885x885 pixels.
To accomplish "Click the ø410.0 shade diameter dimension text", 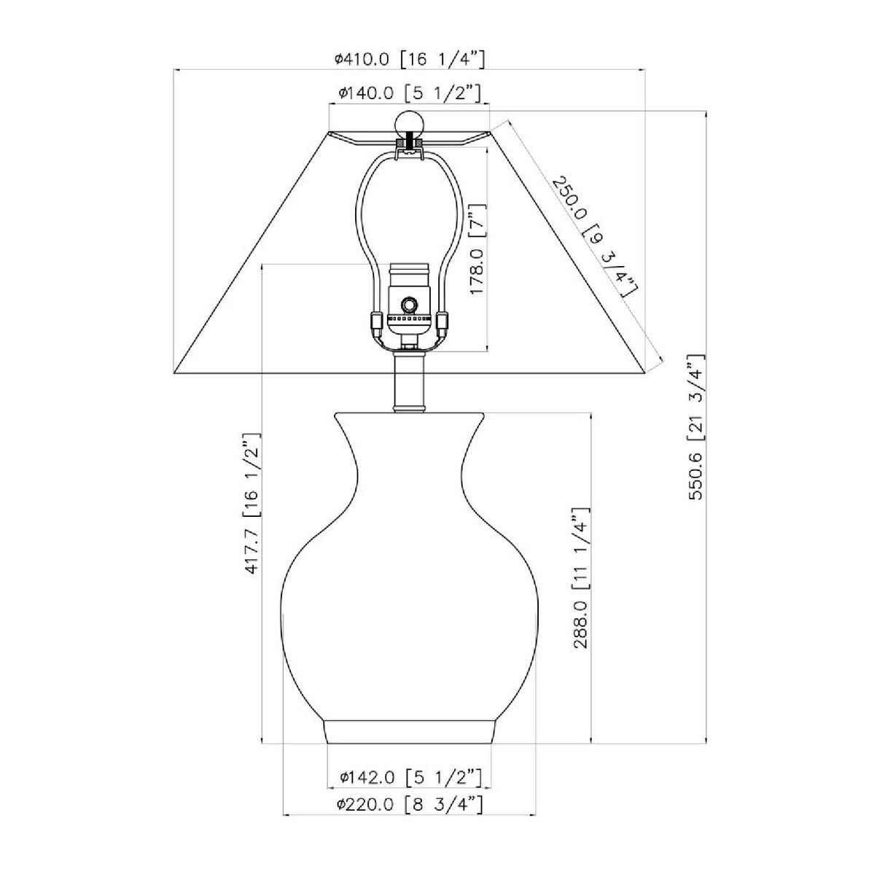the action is [409, 60].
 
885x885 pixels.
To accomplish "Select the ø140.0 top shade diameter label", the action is [409, 94].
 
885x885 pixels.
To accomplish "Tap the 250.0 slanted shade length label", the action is [595, 235].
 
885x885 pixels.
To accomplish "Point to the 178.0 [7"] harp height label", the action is [477, 249].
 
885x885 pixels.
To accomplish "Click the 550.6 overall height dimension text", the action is [695, 426].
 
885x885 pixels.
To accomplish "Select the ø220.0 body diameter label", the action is [409, 804].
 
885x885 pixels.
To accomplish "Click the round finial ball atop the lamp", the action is [409, 123].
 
